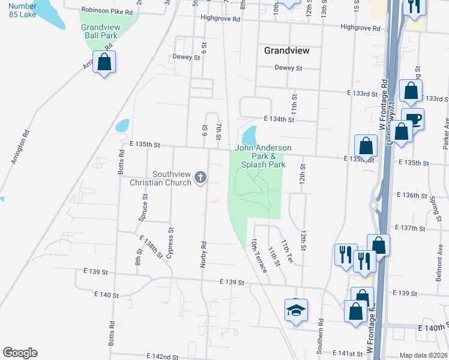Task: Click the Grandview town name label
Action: pos(287,51)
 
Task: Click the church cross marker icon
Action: pos(200,178)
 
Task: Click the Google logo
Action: pos(20,353)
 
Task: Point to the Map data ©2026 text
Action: pos(423,355)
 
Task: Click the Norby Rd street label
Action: pos(205,255)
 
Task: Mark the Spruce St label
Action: pos(144,208)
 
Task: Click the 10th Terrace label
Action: pos(259,255)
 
